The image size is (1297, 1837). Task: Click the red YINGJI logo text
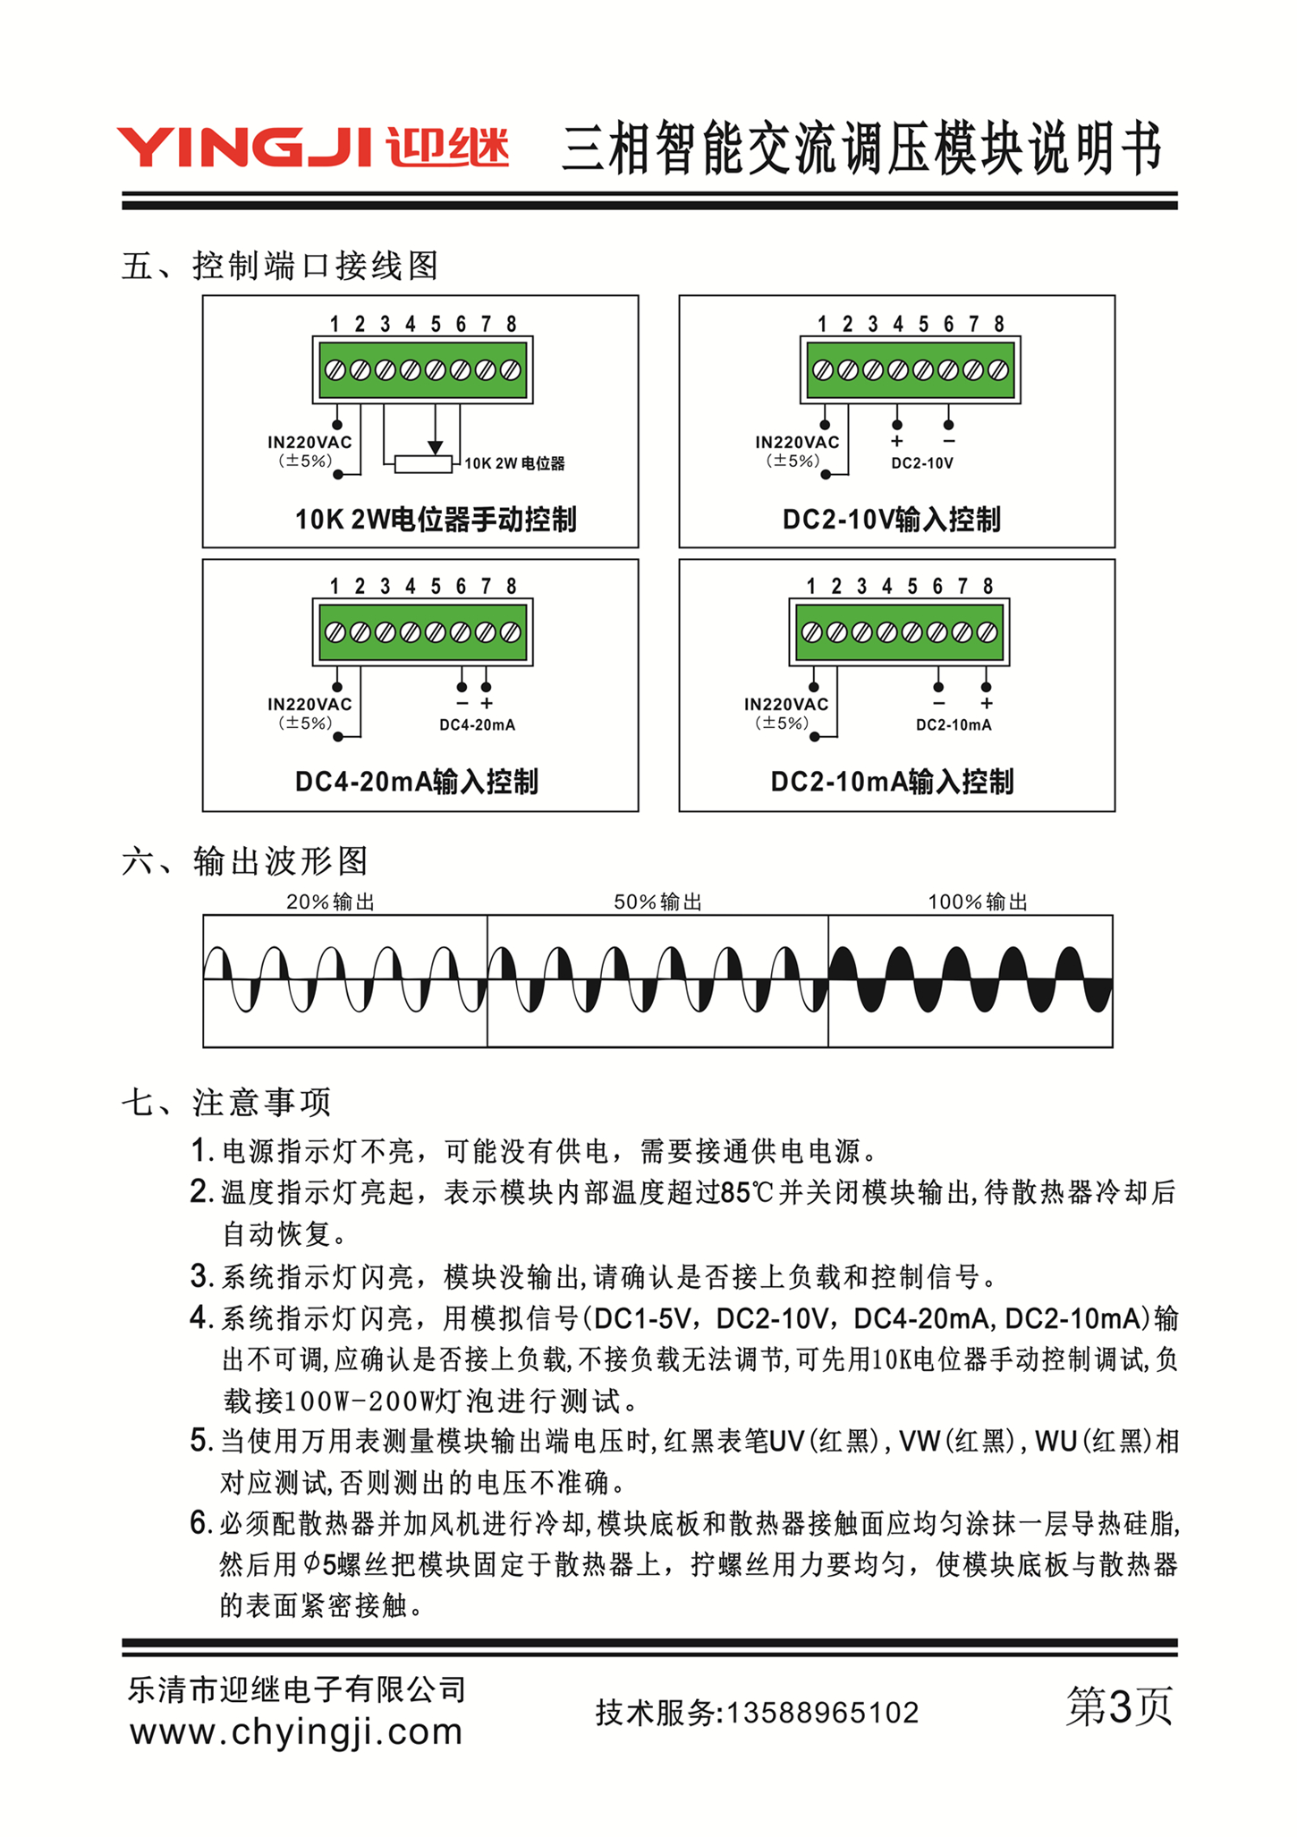[x=243, y=148]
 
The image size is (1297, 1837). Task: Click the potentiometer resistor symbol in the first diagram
[x=423, y=464]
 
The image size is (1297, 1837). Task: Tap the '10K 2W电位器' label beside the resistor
[x=514, y=463]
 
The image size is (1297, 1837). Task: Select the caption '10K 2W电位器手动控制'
[x=436, y=519]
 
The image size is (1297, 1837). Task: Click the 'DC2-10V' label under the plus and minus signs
[x=922, y=463]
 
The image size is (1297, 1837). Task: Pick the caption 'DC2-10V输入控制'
[x=891, y=519]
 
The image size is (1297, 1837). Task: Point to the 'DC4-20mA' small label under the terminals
[x=477, y=725]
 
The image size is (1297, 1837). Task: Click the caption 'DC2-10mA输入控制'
[x=892, y=782]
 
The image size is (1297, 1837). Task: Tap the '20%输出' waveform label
[x=330, y=902]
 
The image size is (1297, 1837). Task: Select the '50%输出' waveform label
[x=657, y=902]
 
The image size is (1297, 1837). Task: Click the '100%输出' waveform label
[x=978, y=902]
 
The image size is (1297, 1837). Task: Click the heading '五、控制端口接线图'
[x=280, y=266]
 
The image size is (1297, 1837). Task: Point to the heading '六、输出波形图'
[x=245, y=861]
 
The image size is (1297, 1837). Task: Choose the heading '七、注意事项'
[x=226, y=1102]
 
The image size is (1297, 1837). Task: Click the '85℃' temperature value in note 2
[x=747, y=1193]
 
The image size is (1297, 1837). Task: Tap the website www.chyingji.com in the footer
[x=296, y=1732]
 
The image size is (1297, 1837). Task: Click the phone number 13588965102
[x=823, y=1713]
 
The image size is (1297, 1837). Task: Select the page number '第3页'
[x=1119, y=1706]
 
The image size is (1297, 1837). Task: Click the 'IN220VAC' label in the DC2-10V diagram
[x=797, y=442]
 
